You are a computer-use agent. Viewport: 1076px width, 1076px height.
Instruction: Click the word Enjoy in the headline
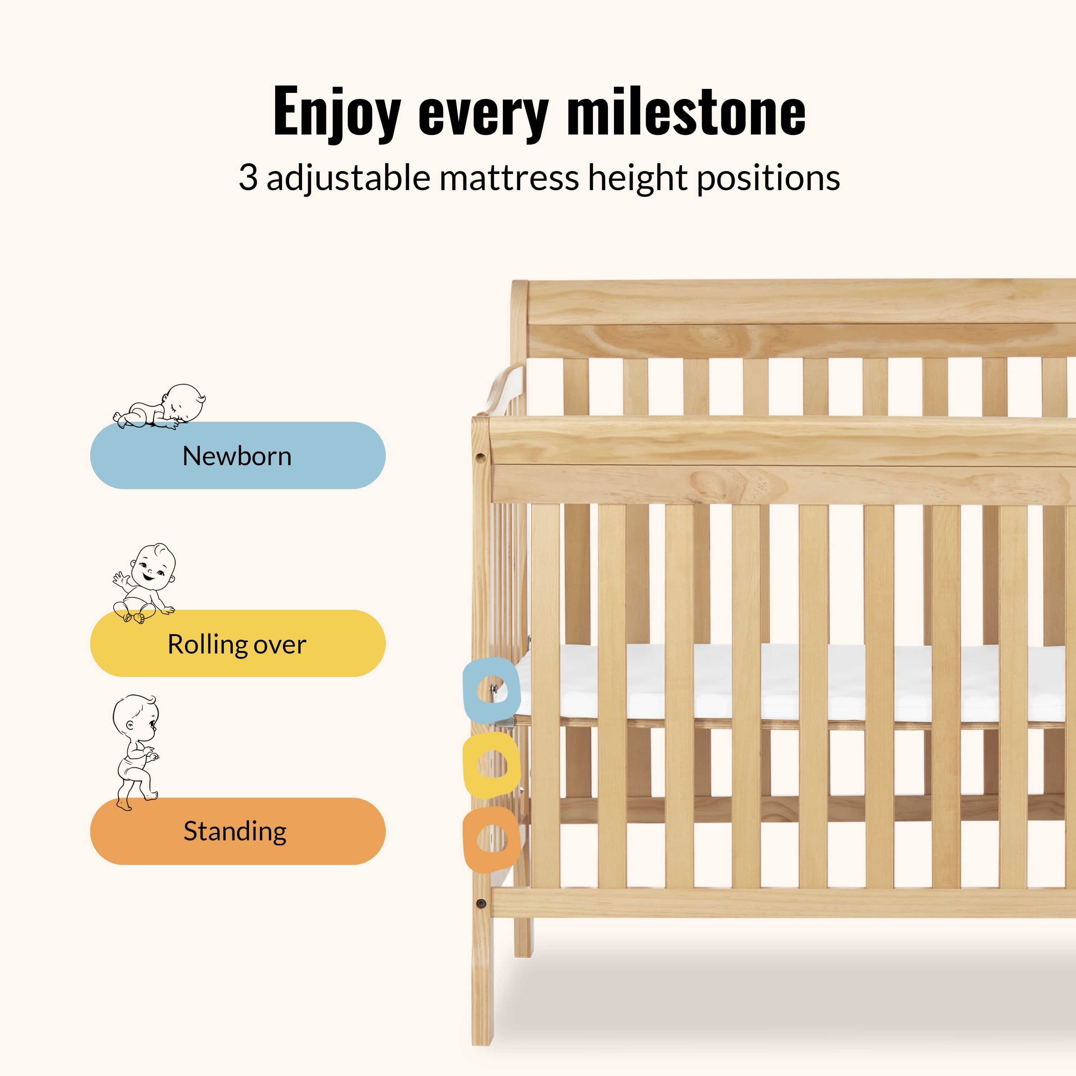pyautogui.click(x=336, y=113)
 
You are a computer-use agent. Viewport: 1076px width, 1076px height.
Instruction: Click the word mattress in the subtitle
pyautogui.click(x=509, y=178)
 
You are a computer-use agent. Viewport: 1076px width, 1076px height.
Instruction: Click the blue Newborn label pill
pyautogui.click(x=238, y=455)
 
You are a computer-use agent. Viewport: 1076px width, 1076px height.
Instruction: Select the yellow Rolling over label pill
pyautogui.click(x=238, y=643)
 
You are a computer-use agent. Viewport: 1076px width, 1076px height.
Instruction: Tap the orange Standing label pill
pyautogui.click(x=238, y=831)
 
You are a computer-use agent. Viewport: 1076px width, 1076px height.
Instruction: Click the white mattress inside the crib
pyautogui.click(x=791, y=682)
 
